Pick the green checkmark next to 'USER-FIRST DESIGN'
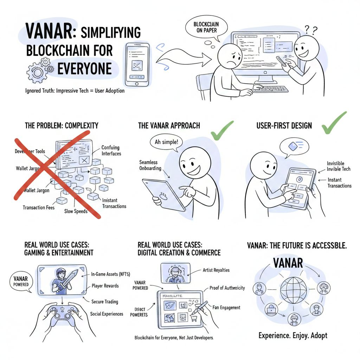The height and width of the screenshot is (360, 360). click(x=335, y=123)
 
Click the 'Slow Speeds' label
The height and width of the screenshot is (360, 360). click(x=76, y=211)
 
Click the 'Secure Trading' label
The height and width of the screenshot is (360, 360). click(x=104, y=302)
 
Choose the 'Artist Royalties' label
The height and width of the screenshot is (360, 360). click(x=216, y=270)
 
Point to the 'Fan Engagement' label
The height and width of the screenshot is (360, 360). click(x=226, y=308)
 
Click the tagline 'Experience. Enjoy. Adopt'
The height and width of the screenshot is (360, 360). click(x=292, y=335)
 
